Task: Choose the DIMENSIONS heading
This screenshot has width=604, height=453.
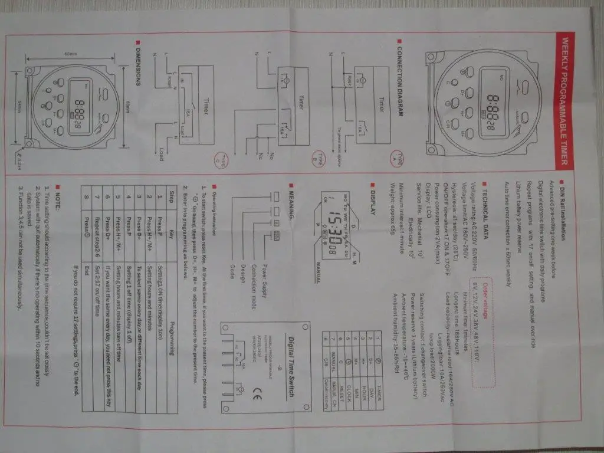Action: click(137, 64)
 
